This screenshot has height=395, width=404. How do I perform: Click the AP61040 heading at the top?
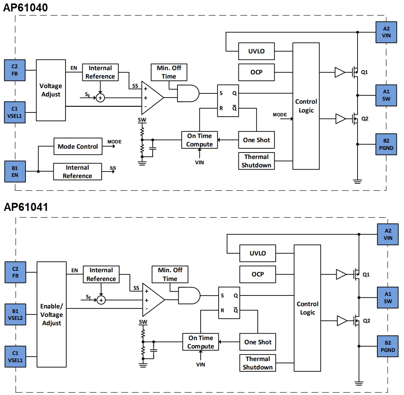click(x=26, y=7)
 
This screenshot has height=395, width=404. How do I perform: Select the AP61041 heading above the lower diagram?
click(x=26, y=207)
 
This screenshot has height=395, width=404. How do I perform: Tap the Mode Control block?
click(x=78, y=146)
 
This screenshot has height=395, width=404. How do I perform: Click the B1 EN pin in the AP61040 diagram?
click(x=14, y=171)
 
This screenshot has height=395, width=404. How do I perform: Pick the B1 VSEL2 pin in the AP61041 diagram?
click(x=15, y=315)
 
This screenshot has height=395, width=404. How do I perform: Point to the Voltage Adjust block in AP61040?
click(x=51, y=90)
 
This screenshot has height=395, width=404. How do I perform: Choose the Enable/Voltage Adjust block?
click(x=51, y=315)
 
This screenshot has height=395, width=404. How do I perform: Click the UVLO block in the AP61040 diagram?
click(x=256, y=51)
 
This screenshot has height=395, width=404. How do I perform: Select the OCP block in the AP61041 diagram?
click(x=258, y=274)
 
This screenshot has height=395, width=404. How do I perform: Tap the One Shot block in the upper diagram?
click(x=256, y=140)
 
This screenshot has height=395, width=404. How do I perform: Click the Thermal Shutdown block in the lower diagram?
click(x=258, y=363)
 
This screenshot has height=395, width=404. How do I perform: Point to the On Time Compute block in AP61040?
click(x=200, y=140)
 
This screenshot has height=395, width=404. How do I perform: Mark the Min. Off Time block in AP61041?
click(x=170, y=275)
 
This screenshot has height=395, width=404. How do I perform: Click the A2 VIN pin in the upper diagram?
click(x=386, y=32)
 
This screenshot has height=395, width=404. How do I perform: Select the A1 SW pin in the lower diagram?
click(x=388, y=297)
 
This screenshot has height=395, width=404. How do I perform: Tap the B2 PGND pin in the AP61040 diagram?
click(x=386, y=143)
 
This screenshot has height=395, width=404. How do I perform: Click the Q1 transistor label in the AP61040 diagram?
click(x=364, y=72)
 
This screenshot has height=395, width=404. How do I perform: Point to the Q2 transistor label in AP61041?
click(x=366, y=321)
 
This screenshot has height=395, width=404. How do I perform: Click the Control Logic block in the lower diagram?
click(x=307, y=308)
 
